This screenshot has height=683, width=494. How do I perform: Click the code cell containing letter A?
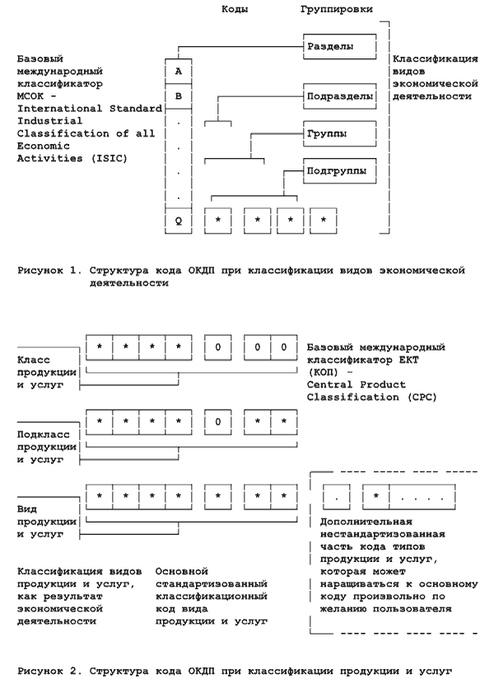coord(179,71)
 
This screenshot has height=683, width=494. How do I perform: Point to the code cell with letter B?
coord(179,95)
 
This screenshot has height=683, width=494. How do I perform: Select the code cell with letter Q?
coord(179,221)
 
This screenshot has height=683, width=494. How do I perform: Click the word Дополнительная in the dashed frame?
coord(367,523)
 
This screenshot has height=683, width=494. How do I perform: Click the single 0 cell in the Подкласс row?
coord(218,421)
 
